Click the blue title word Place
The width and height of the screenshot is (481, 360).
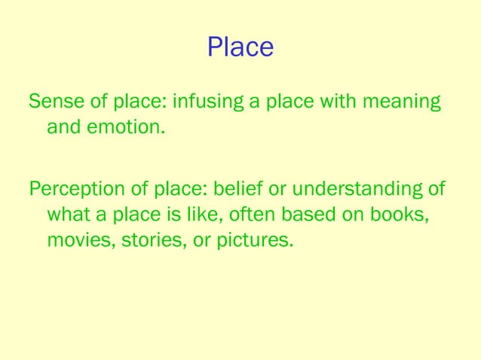click(x=240, y=47)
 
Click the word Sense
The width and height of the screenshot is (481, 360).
click(x=54, y=100)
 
